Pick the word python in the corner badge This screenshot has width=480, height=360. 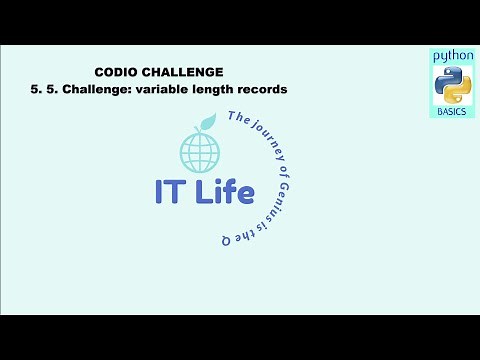pos(452,57)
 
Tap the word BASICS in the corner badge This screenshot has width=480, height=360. pos(452,112)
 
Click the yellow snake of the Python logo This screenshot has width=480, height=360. pos(457,91)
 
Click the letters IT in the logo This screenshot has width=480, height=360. pos(171,193)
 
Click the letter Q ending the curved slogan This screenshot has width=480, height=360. pos(227,240)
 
